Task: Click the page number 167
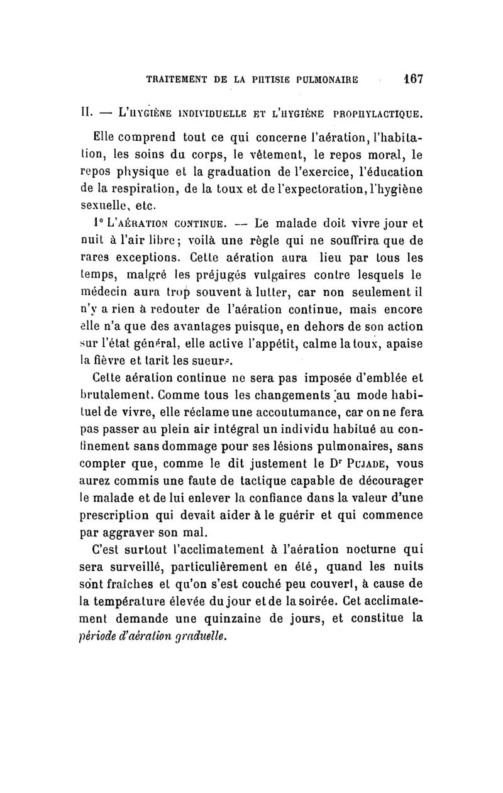[x=413, y=80]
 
